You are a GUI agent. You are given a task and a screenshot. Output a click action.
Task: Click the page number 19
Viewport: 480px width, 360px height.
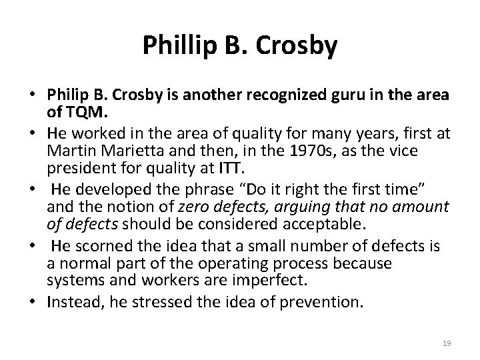pyautogui.click(x=447, y=343)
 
